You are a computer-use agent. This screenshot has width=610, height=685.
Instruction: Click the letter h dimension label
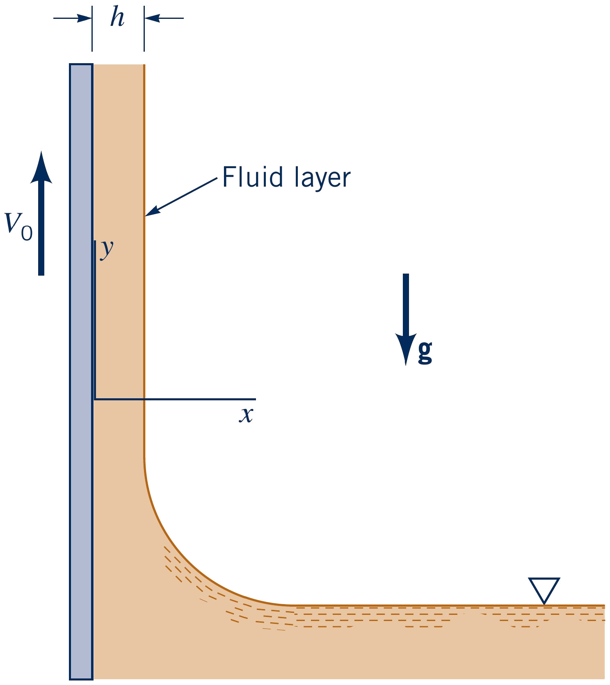pos(117,18)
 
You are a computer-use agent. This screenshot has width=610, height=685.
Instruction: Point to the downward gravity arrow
pos(406,312)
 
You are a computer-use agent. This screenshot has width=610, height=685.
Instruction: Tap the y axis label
pos(107,248)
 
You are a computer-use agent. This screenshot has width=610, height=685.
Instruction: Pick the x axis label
pos(246,415)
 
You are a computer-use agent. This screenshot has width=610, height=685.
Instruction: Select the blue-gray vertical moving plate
pos(81,369)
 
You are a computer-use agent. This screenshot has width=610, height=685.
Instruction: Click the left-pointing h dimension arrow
pos(163,18)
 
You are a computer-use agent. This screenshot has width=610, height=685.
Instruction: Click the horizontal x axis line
pos(197,399)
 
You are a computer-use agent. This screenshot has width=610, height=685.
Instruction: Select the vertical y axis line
pos(95,320)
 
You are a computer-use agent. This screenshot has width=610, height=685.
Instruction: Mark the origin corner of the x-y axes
pos(95,399)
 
